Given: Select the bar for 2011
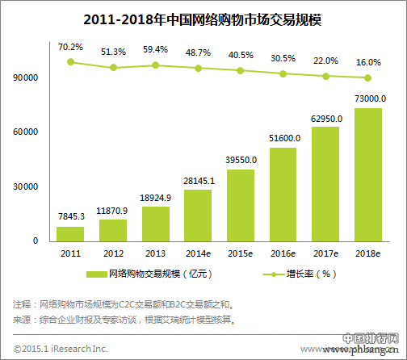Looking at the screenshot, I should tap(70, 233).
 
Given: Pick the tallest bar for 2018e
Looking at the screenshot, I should tap(368, 174).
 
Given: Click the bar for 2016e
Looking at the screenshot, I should tap(283, 194).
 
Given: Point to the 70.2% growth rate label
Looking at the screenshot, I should tap(70, 48).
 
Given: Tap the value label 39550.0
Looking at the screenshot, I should tap(241, 161).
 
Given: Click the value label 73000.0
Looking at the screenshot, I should tap(368, 98).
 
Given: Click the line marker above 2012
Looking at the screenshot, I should tap(113, 68).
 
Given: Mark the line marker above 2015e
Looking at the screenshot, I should tap(241, 70).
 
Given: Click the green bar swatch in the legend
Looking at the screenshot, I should tap(95, 274).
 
